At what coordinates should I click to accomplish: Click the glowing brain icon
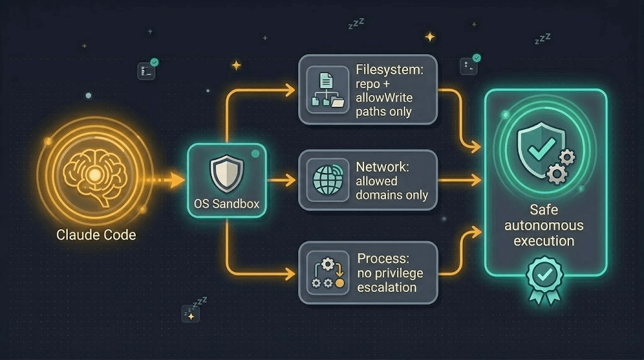(x=95, y=176)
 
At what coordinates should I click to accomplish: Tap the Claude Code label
(x=96, y=235)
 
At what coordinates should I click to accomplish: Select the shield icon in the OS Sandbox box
(x=226, y=174)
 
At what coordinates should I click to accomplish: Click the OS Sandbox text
(x=226, y=204)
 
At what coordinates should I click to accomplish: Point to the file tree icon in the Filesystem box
(x=327, y=89)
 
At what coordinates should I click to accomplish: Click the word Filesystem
(x=389, y=69)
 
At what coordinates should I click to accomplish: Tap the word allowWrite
(x=384, y=98)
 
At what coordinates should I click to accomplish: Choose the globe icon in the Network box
(x=328, y=179)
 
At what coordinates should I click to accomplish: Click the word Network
(x=382, y=166)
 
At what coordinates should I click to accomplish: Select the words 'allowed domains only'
(x=392, y=188)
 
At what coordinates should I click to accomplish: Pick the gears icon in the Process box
(x=328, y=273)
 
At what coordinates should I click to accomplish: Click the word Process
(x=383, y=258)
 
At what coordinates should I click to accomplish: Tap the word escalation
(x=387, y=287)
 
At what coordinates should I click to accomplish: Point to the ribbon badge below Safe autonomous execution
(x=545, y=280)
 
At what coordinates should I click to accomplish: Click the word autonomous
(x=544, y=225)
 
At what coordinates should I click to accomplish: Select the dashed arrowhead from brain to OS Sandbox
(x=177, y=180)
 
